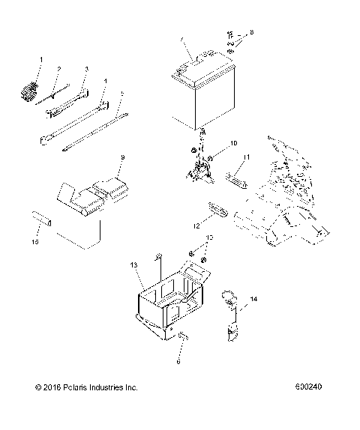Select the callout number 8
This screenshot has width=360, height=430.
click(252, 33)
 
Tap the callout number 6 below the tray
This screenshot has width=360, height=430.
click(178, 360)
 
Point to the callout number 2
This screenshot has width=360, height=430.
click(58, 69)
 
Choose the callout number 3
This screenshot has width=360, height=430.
click(86, 70)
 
